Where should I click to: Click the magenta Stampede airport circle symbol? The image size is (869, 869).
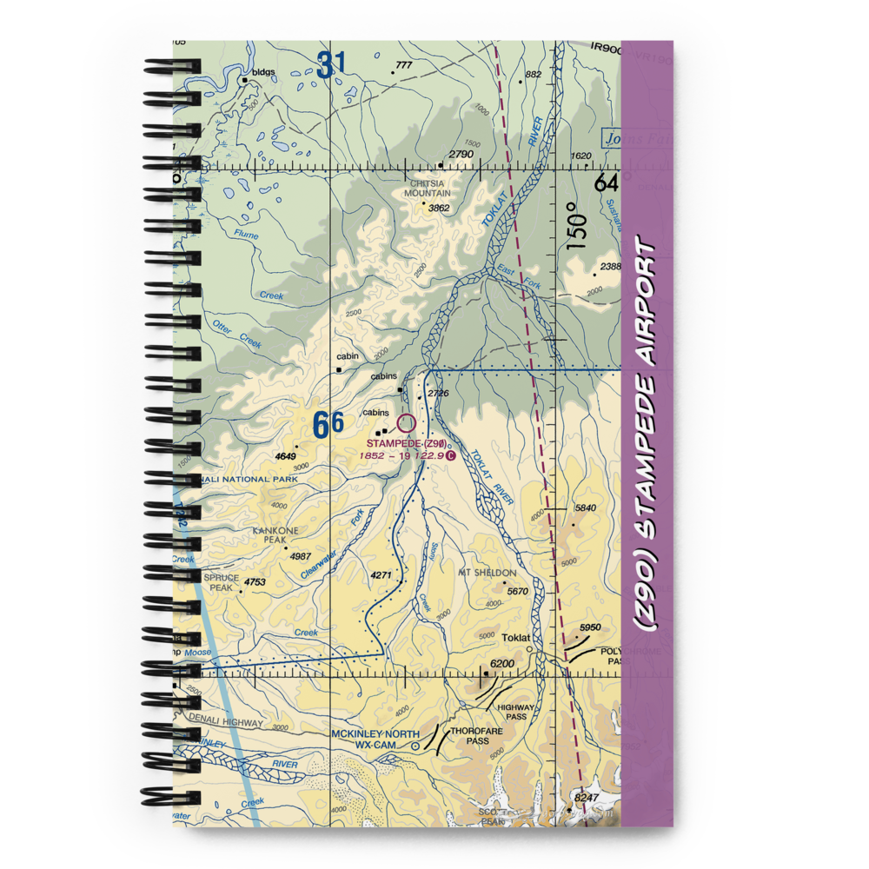pos(407,424)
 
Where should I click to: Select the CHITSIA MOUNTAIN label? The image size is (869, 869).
pos(427,189)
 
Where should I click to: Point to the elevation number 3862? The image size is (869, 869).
pos(439,209)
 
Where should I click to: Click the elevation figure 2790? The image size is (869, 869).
pos(461,156)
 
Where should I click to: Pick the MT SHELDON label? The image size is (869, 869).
pos(488,574)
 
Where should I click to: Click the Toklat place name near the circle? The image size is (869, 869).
pos(516,638)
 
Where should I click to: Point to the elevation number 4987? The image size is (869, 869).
pos(301,557)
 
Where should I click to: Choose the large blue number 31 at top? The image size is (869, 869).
pos(330,65)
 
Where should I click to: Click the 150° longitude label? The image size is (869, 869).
pos(579,226)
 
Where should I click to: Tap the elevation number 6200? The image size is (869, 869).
pos(503,665)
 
